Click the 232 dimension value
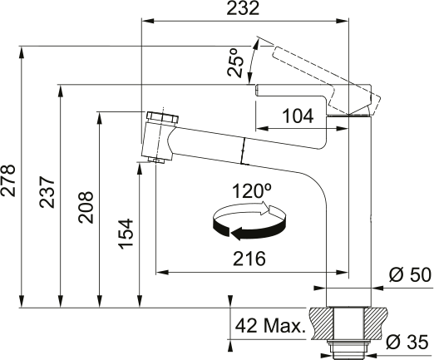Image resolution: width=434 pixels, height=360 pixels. [x=243, y=8]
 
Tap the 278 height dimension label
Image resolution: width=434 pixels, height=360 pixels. [x=8, y=180]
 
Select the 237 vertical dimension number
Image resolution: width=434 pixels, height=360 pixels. [x=47, y=192]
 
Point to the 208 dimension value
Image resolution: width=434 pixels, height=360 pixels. [x=86, y=207]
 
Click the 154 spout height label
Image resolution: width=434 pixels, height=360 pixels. [x=126, y=234]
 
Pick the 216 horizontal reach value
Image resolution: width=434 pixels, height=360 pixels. [x=249, y=259]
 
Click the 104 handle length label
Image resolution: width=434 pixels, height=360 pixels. [x=298, y=116]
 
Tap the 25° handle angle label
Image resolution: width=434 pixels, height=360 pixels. [x=236, y=63]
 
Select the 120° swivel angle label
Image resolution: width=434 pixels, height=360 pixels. [x=252, y=190]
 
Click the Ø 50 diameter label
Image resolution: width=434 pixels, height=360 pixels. [x=410, y=275]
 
